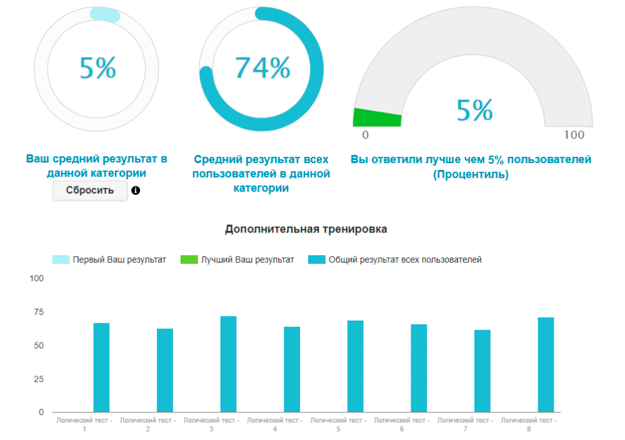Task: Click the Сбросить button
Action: pyautogui.click(x=90, y=191)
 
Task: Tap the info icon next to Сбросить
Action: pyautogui.click(x=136, y=191)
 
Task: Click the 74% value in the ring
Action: pyautogui.click(x=262, y=67)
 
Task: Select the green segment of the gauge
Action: pyautogui.click(x=377, y=117)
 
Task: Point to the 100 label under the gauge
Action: pyautogui.click(x=574, y=135)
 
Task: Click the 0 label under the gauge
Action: pyautogui.click(x=365, y=135)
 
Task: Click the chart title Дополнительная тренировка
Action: pyautogui.click(x=306, y=229)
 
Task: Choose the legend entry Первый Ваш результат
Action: pyautogui.click(x=109, y=259)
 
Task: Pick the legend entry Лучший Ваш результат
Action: pyautogui.click(x=237, y=259)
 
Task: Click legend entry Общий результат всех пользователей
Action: pyautogui.click(x=395, y=259)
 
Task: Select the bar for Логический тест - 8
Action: pyautogui.click(x=546, y=365)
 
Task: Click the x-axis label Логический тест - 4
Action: pyautogui.click(x=275, y=424)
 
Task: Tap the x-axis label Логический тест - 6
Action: pyautogui.click(x=402, y=424)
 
